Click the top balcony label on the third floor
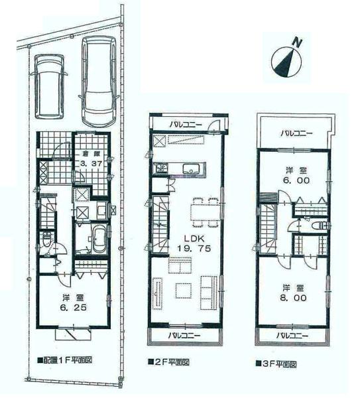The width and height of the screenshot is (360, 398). pyautogui.click(x=294, y=133)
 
